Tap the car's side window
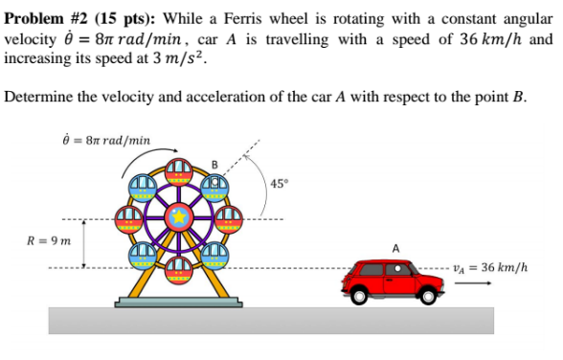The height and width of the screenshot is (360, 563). coord(395,269)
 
